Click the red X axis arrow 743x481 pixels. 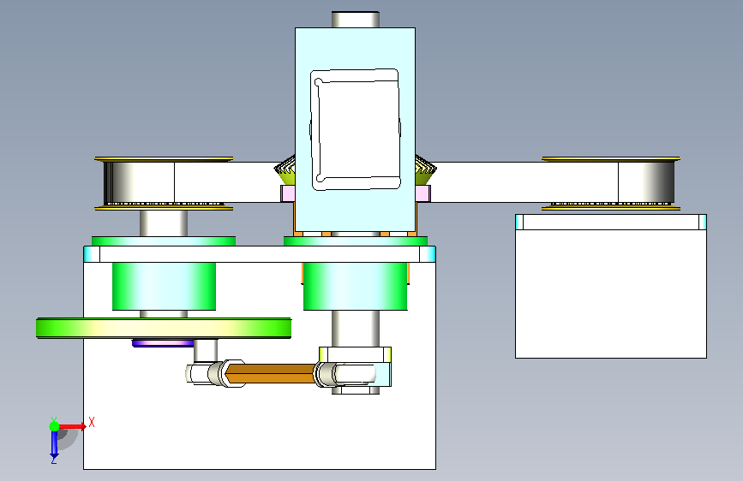(71, 426)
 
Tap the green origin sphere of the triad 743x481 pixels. (54, 426)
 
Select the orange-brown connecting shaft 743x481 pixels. (271, 372)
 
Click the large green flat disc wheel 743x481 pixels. (164, 328)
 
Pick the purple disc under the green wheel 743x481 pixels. (163, 342)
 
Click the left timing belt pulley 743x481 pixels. (164, 183)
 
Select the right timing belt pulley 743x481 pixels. (611, 183)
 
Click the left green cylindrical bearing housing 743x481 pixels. (164, 287)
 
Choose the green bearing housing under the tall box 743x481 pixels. (356, 287)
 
